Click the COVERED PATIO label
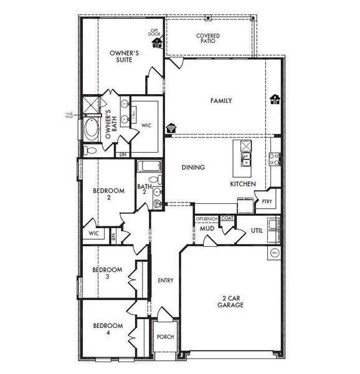tap(207, 39)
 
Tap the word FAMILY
tap(221, 100)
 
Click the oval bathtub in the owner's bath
tap(91, 130)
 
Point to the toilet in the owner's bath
tap(89, 150)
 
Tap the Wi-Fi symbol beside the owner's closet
tap(171, 127)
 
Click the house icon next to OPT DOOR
tap(158, 43)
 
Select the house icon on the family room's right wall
tap(275, 99)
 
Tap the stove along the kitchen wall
tap(273, 158)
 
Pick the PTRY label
tap(267, 201)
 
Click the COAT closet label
tap(227, 219)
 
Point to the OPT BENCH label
tap(206, 219)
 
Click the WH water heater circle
tap(275, 254)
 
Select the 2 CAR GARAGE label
tap(230, 301)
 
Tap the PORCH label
tap(166, 337)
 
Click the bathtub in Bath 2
tap(148, 167)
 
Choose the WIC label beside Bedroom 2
tap(95, 233)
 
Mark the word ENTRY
tap(165, 280)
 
